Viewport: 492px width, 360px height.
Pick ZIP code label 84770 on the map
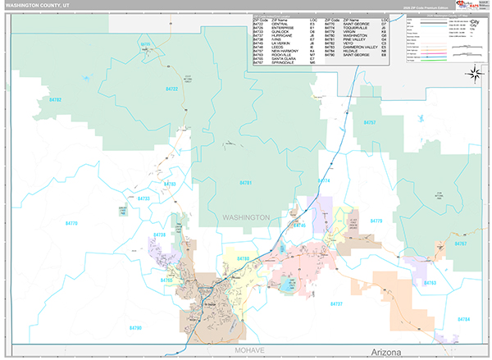click(71, 223)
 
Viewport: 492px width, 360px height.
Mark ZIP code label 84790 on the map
click(134, 327)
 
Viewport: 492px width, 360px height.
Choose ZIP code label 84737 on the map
click(335, 304)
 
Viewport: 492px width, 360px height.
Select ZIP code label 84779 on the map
click(376, 221)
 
